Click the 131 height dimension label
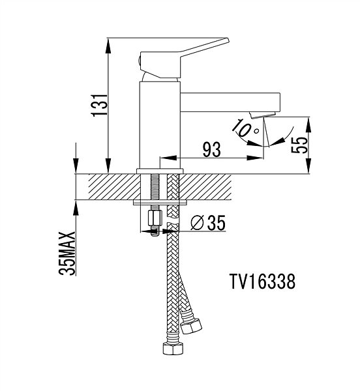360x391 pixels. point(100,105)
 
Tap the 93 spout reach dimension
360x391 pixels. point(211,150)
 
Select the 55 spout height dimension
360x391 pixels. point(299,145)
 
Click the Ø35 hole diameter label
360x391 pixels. point(208,223)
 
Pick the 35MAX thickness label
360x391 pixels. point(67,253)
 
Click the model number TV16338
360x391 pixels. point(262,282)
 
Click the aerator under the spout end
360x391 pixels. point(262,115)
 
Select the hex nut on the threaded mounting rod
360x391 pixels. point(155,218)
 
